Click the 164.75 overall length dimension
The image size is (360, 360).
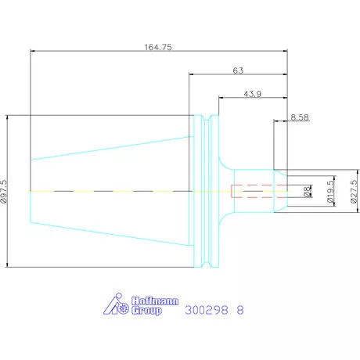(158, 47)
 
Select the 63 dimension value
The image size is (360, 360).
(238, 70)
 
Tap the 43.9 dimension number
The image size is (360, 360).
(252, 94)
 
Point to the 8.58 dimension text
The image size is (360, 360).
(300, 117)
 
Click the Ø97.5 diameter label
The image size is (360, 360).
(4, 192)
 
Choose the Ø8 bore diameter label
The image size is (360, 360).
(308, 191)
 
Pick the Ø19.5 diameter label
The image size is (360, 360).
(330, 192)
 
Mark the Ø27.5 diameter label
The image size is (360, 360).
(354, 192)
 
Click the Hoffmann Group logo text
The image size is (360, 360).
(155, 306)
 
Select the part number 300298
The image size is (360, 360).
(207, 310)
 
